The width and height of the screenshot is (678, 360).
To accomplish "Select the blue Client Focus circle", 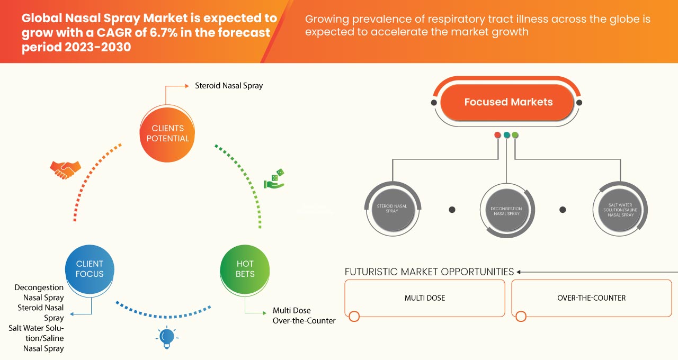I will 90,269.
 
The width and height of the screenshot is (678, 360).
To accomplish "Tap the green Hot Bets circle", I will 245,269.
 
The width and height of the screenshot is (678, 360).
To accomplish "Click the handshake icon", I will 65,169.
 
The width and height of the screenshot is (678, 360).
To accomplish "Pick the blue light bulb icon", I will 167,337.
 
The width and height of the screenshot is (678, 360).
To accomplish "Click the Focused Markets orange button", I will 508,102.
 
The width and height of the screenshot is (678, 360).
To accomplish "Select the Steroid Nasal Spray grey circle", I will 392,208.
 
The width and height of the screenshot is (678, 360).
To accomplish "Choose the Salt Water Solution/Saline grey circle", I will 620,209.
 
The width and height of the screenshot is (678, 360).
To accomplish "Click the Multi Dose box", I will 425,298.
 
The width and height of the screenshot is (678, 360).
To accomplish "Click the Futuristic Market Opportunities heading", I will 429,272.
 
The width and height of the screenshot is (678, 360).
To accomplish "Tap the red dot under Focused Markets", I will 497,135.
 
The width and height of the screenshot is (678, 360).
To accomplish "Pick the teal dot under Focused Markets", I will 506,135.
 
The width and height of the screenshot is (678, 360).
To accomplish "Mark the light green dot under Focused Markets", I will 515,135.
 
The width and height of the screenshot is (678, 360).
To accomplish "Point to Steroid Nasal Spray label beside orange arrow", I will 229,85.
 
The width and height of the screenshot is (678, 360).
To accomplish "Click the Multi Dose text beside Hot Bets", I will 291,310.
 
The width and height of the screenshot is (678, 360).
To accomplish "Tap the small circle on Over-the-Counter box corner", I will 521,317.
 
